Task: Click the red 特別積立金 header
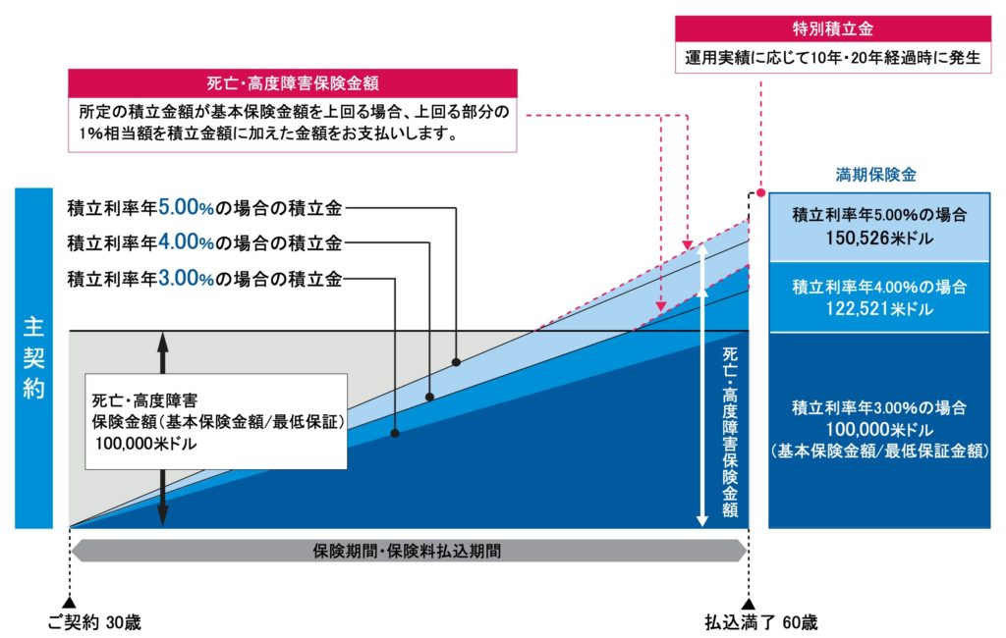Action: click(833, 28)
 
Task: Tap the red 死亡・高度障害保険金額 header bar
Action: click(293, 82)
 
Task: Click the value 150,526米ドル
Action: click(879, 238)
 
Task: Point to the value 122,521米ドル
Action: click(879, 309)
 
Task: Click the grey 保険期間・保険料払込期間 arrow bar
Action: click(408, 551)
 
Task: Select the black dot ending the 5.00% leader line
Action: click(457, 361)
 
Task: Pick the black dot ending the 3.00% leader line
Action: click(394, 433)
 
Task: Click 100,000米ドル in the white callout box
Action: click(146, 444)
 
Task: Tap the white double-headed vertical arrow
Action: click(703, 383)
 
